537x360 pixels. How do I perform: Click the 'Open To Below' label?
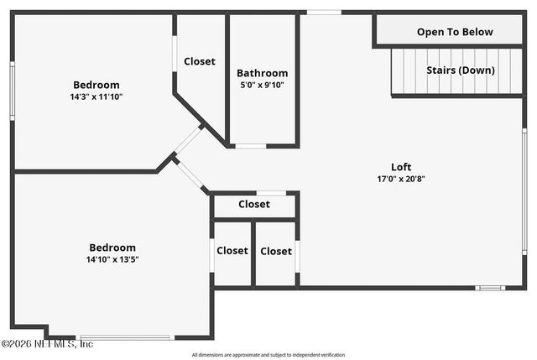coord(455,32)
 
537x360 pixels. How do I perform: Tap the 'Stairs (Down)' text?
coord(460,70)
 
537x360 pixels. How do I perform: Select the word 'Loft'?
coord(401,167)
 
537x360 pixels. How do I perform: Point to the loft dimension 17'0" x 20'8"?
coord(401,179)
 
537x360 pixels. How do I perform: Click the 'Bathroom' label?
coord(262,73)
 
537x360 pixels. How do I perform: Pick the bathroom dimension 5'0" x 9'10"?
coord(262,85)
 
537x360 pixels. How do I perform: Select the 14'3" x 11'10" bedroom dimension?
coord(96,97)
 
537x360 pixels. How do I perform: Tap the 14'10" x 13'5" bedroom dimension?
coord(112,259)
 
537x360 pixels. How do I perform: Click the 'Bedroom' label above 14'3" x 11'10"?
coord(96,85)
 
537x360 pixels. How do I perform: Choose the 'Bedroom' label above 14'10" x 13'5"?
coord(112,248)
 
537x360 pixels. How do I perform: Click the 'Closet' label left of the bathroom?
coord(200,61)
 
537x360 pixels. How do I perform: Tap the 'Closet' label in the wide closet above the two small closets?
coord(253,204)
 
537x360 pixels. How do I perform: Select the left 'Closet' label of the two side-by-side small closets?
coord(232,251)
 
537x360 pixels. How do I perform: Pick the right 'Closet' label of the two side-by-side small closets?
coord(276,251)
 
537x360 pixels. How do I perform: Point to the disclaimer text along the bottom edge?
coord(268,354)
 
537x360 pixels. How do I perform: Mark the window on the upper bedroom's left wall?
coord(12,91)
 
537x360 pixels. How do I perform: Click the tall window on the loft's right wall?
coord(524,190)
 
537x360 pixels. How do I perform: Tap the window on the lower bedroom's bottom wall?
coord(126,337)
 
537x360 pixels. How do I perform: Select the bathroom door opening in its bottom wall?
coord(250,146)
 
